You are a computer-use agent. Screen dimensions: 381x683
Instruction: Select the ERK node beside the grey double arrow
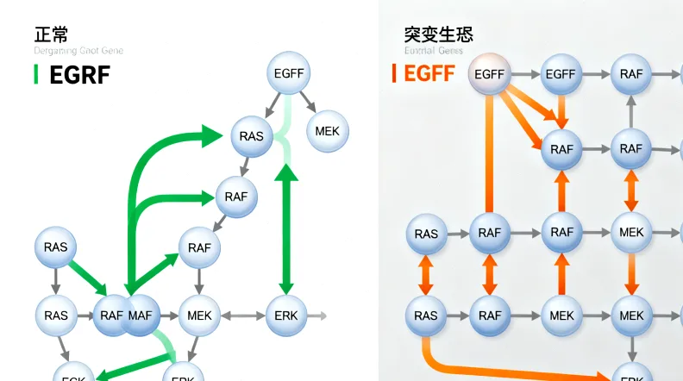286,315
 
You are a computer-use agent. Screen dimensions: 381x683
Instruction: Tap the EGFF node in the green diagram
289,75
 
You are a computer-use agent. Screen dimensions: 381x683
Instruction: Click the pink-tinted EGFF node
489,75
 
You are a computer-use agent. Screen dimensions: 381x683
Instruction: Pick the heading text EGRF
79,75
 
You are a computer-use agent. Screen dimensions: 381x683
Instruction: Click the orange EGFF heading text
429,73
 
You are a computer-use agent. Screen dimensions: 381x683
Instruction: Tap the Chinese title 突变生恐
438,34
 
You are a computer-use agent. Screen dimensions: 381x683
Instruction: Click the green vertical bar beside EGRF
35,74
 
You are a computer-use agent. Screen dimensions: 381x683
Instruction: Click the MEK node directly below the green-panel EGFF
327,131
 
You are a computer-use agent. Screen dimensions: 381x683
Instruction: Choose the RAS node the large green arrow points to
252,136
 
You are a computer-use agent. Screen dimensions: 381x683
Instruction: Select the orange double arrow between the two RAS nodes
425,275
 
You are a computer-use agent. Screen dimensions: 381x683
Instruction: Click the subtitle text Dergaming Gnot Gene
78,51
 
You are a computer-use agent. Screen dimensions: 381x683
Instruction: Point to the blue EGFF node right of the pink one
561,75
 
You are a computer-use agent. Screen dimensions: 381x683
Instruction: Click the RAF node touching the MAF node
111,315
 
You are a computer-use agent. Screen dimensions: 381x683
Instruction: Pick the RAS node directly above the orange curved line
425,316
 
